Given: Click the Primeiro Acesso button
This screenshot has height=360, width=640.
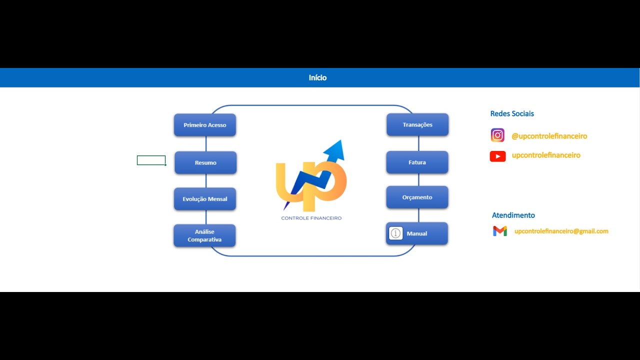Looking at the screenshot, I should tap(205, 125).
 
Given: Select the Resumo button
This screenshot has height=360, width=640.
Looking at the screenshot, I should tap(205, 162).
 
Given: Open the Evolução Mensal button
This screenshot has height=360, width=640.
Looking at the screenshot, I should tap(205, 199).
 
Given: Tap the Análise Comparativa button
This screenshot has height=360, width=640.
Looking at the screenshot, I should tap(204, 235).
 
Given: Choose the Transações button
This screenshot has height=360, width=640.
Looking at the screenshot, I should tap(417, 124).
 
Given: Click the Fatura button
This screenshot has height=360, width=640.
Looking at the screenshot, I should tap(417, 162).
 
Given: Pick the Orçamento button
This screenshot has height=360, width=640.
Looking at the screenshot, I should tap(417, 197).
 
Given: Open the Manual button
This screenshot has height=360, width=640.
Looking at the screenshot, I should tap(420, 233).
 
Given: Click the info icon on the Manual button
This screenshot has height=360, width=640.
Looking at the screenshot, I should tap(396, 233).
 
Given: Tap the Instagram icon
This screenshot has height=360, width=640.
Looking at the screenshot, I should tap(497, 135).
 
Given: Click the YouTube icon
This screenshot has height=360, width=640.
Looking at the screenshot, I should tap(497, 156).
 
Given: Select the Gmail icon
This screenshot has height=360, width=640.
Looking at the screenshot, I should tap(500, 231).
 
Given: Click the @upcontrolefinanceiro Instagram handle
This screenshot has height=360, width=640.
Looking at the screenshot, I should tap(549, 136).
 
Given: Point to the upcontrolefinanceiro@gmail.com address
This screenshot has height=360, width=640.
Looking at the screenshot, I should tap(561, 231).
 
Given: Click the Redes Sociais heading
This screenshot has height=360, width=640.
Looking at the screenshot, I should tap(512, 113).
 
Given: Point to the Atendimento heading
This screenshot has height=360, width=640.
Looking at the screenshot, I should tap(513, 215).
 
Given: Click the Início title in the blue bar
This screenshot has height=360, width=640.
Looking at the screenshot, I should tap(317, 77).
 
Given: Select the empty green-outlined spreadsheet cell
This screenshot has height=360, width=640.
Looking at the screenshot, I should tap(151, 160).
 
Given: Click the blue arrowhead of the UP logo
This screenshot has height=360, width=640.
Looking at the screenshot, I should tap(335, 149).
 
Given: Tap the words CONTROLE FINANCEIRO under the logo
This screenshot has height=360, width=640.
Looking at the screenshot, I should tap(311, 218).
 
